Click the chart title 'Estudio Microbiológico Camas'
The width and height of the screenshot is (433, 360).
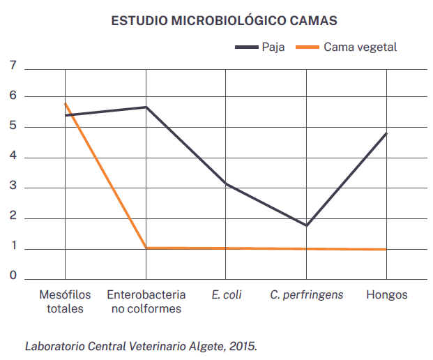[x=224, y=21]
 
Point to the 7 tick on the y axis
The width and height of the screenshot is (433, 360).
[x=13, y=66]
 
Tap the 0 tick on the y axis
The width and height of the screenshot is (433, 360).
[x=13, y=276]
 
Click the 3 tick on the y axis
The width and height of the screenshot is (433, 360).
[x=13, y=188]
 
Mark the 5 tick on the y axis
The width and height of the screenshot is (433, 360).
[x=13, y=127]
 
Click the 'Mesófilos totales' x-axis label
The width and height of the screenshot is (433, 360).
[x=65, y=301]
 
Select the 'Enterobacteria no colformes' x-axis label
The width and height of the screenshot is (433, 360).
[x=146, y=301]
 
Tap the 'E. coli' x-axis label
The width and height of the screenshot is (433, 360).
[x=227, y=294]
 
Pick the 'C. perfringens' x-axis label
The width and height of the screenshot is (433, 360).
[x=307, y=294]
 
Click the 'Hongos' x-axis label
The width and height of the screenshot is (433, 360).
[x=387, y=294]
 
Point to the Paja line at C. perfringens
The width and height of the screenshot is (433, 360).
[x=307, y=225]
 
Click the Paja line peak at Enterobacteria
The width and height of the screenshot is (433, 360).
[x=146, y=107]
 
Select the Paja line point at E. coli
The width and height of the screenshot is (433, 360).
[x=227, y=184]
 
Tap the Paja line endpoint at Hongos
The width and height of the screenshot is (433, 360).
[x=387, y=133]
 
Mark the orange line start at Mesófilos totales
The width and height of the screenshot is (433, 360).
[x=65, y=103]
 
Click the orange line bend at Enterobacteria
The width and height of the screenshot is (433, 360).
[x=146, y=248]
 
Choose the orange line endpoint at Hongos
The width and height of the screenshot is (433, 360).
[x=387, y=249]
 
